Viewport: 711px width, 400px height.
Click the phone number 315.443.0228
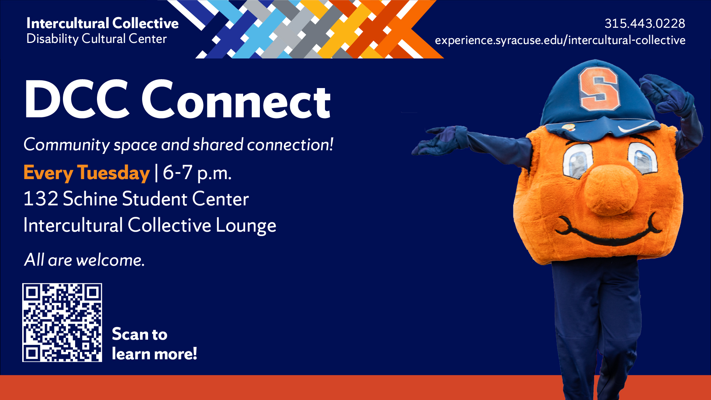pos(645,23)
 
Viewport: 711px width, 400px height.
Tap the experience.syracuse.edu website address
pos(560,40)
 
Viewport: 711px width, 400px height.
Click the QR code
pos(62,322)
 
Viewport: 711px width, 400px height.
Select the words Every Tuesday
pos(87,173)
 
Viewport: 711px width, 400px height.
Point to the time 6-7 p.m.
pos(197,172)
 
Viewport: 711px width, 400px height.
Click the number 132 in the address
pos(41,199)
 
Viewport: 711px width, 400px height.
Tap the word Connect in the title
pos(236,100)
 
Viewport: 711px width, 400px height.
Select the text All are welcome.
pos(84,260)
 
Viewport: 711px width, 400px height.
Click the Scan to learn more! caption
pos(154,344)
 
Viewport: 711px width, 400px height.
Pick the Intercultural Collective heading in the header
pos(103,23)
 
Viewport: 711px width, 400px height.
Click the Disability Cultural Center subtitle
pos(97,39)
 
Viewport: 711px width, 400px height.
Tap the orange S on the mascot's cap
pos(598,89)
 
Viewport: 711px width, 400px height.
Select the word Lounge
pos(246,225)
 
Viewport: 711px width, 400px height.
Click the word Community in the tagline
pos(67,145)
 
